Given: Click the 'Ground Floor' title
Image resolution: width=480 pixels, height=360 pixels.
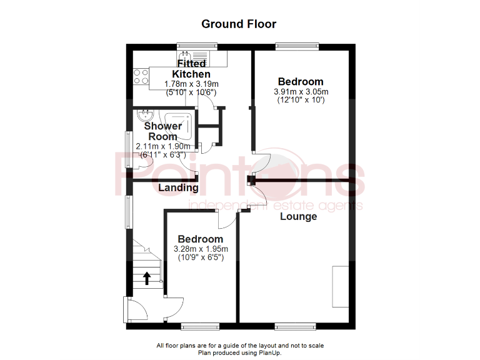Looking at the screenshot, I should tap(239, 24).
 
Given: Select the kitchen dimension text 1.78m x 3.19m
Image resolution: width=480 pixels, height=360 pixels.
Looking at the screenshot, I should tap(191, 84).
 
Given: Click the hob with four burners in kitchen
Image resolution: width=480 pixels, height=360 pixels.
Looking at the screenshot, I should tap(141, 76).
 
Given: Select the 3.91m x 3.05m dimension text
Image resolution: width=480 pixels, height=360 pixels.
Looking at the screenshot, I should tap(301, 92).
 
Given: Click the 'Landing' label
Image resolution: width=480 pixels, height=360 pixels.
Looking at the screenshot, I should tap(178, 187).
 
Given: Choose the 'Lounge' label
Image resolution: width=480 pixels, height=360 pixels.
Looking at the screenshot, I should tap(298, 216).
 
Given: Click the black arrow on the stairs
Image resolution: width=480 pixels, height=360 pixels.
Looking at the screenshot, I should tap(147, 278).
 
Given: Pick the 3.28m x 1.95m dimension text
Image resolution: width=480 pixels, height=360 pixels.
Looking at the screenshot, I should tap(200, 249).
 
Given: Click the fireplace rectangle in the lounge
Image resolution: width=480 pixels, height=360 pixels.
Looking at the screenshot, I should tap(341, 286).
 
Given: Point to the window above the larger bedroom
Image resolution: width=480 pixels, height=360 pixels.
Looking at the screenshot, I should tap(297, 46).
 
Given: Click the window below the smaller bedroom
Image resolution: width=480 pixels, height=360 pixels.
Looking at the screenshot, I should tap(199, 326).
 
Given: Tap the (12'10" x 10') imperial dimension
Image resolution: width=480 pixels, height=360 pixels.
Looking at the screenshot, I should tap(301, 100).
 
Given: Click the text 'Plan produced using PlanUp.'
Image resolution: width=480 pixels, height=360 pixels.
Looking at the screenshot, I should tap(240, 352).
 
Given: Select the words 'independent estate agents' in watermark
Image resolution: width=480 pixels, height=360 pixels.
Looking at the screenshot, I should tap(275, 206).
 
